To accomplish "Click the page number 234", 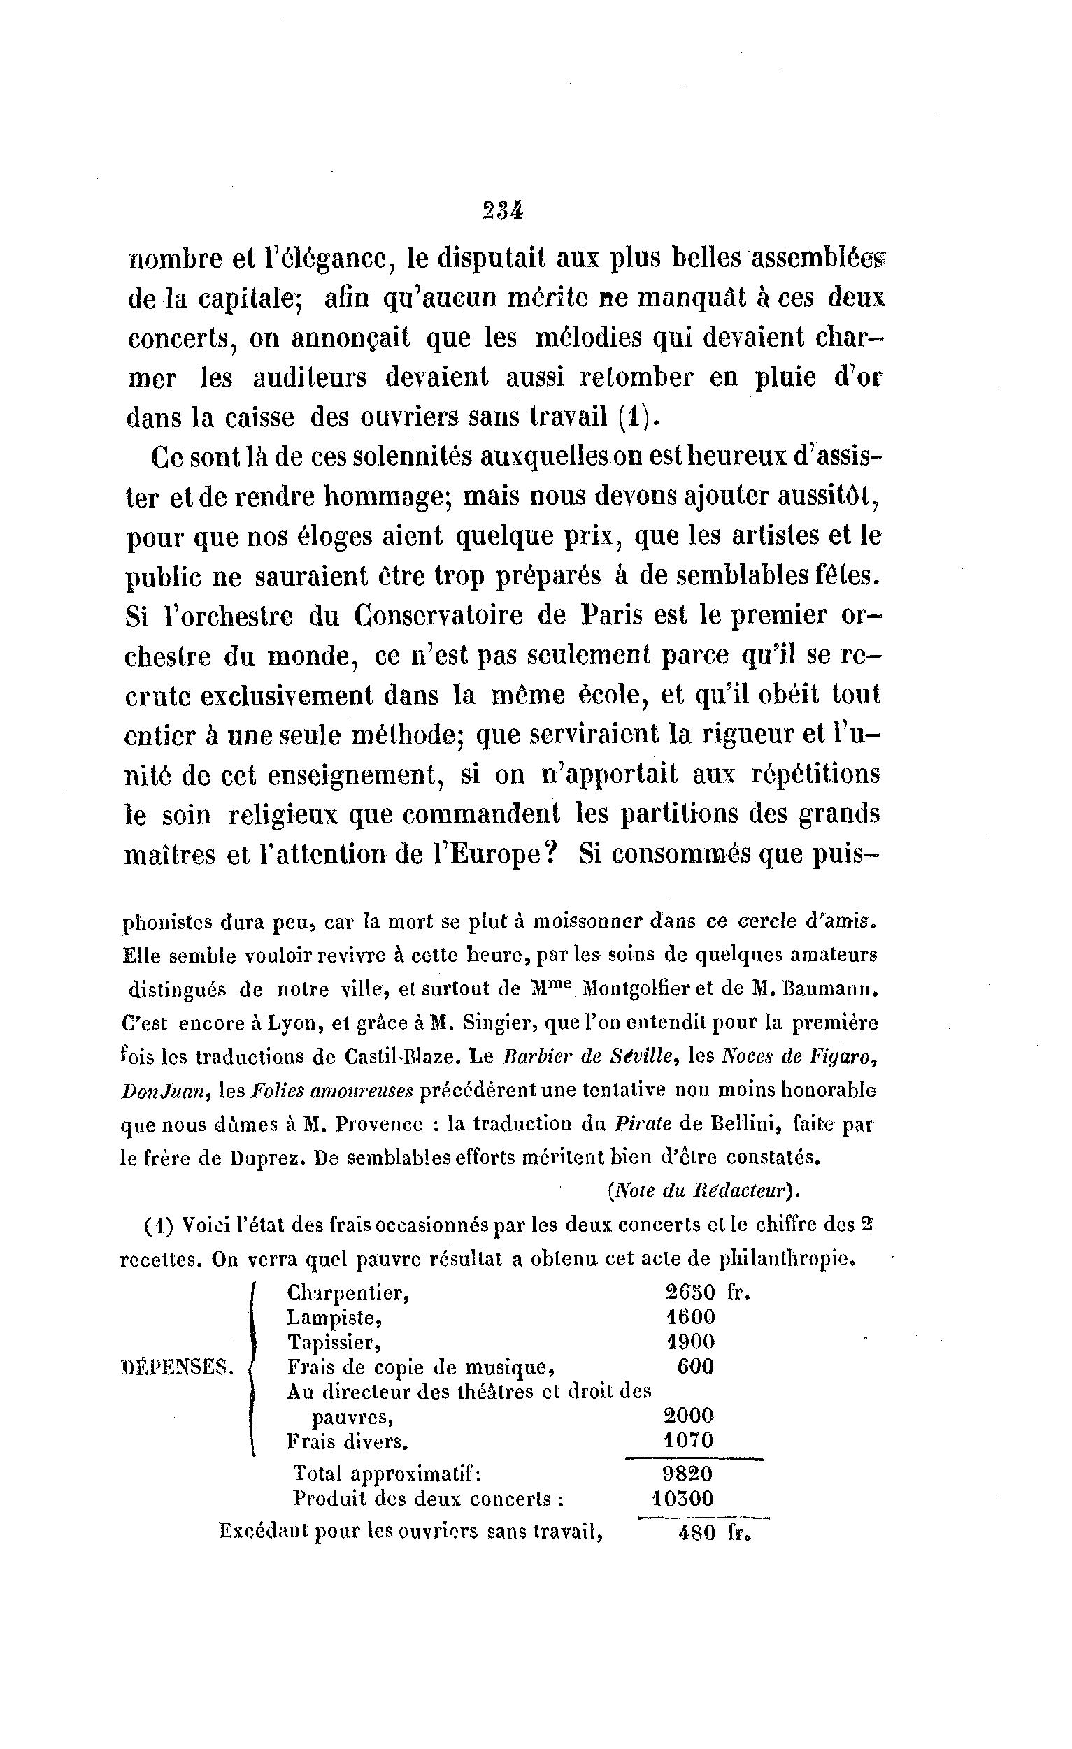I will [x=502, y=211].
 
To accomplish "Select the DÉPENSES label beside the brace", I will [x=178, y=1367].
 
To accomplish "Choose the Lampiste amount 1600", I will [x=690, y=1318].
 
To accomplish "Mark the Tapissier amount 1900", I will [x=690, y=1342].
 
